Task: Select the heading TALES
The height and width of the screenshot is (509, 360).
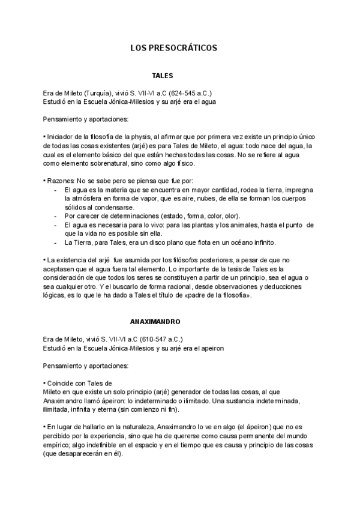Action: [x=163, y=76]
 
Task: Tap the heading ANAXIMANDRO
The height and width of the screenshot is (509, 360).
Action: [x=155, y=322]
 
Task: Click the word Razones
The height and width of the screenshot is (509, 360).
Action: [x=61, y=181]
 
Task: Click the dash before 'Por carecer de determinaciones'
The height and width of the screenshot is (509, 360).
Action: [x=55, y=216]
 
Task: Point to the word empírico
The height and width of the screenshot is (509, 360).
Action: [x=58, y=445]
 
